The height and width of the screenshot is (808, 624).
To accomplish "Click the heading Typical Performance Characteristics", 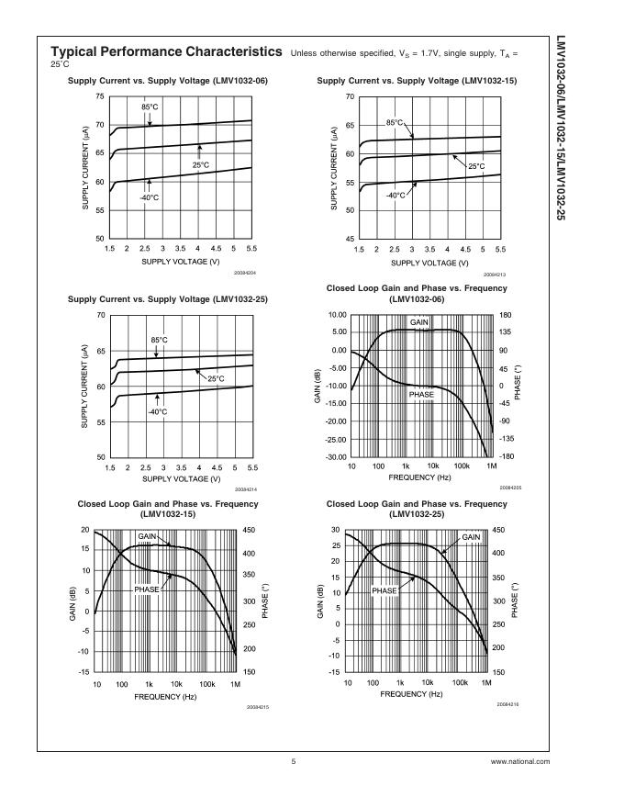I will pyautogui.click(x=166, y=52).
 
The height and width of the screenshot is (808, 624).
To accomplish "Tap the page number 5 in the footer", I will pyautogui.click(x=294, y=761).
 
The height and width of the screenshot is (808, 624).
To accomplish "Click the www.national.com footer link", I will pyautogui.click(x=520, y=761).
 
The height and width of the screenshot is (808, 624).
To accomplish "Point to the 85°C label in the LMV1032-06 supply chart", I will pyautogui.click(x=150, y=107).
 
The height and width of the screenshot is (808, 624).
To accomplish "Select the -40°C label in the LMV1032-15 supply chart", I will pyautogui.click(x=396, y=195).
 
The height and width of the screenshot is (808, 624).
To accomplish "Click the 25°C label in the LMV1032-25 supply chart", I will pyautogui.click(x=216, y=378).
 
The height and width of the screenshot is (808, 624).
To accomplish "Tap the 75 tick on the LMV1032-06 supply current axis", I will pyautogui.click(x=99, y=95).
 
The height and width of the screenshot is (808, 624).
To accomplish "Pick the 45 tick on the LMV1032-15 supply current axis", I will pyautogui.click(x=349, y=239).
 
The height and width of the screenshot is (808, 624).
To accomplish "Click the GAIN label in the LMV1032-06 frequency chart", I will pyautogui.click(x=419, y=322).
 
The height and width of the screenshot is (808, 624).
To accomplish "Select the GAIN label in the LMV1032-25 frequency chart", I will pyautogui.click(x=471, y=536).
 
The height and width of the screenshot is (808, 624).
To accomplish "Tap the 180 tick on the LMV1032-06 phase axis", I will pyautogui.click(x=505, y=315).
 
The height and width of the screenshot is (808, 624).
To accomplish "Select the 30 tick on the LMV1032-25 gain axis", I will pyautogui.click(x=336, y=530).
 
